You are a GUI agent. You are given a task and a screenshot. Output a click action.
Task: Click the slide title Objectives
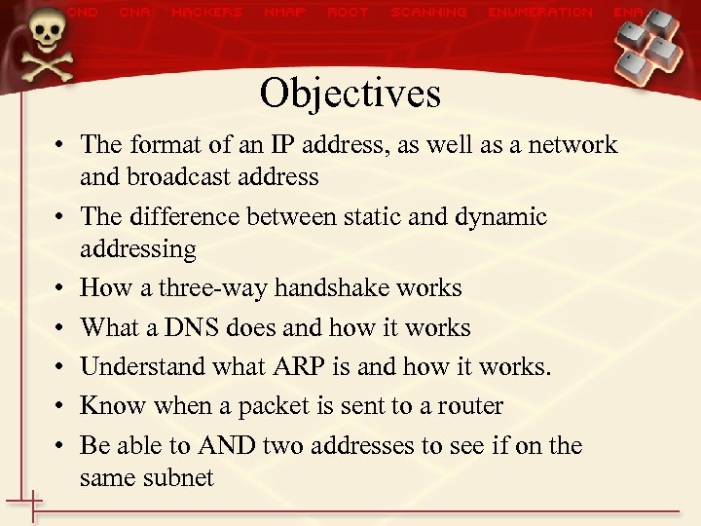pos(350,94)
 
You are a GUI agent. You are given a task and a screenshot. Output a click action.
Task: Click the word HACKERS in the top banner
pos(206,13)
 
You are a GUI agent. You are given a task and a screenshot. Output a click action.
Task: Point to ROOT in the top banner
pos(348,13)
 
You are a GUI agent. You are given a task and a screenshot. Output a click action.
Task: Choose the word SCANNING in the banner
pos(427,13)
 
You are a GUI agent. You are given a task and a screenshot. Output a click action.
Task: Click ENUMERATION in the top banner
pos(539,13)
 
